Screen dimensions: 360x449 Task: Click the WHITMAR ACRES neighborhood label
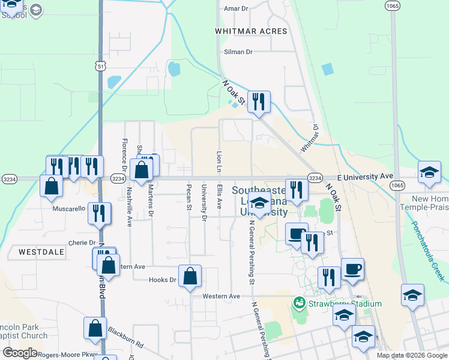252,31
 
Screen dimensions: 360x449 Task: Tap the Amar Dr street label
236,8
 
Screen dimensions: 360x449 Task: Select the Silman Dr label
238,52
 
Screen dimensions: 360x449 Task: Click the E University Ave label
364,177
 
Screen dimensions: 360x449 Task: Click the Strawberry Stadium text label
345,304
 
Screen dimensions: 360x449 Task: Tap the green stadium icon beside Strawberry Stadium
298,302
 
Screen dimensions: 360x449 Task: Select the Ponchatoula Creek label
428,250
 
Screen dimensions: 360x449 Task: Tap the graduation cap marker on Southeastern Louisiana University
259,203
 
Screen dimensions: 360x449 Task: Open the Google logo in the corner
20,353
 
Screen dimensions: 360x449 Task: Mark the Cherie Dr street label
82,243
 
